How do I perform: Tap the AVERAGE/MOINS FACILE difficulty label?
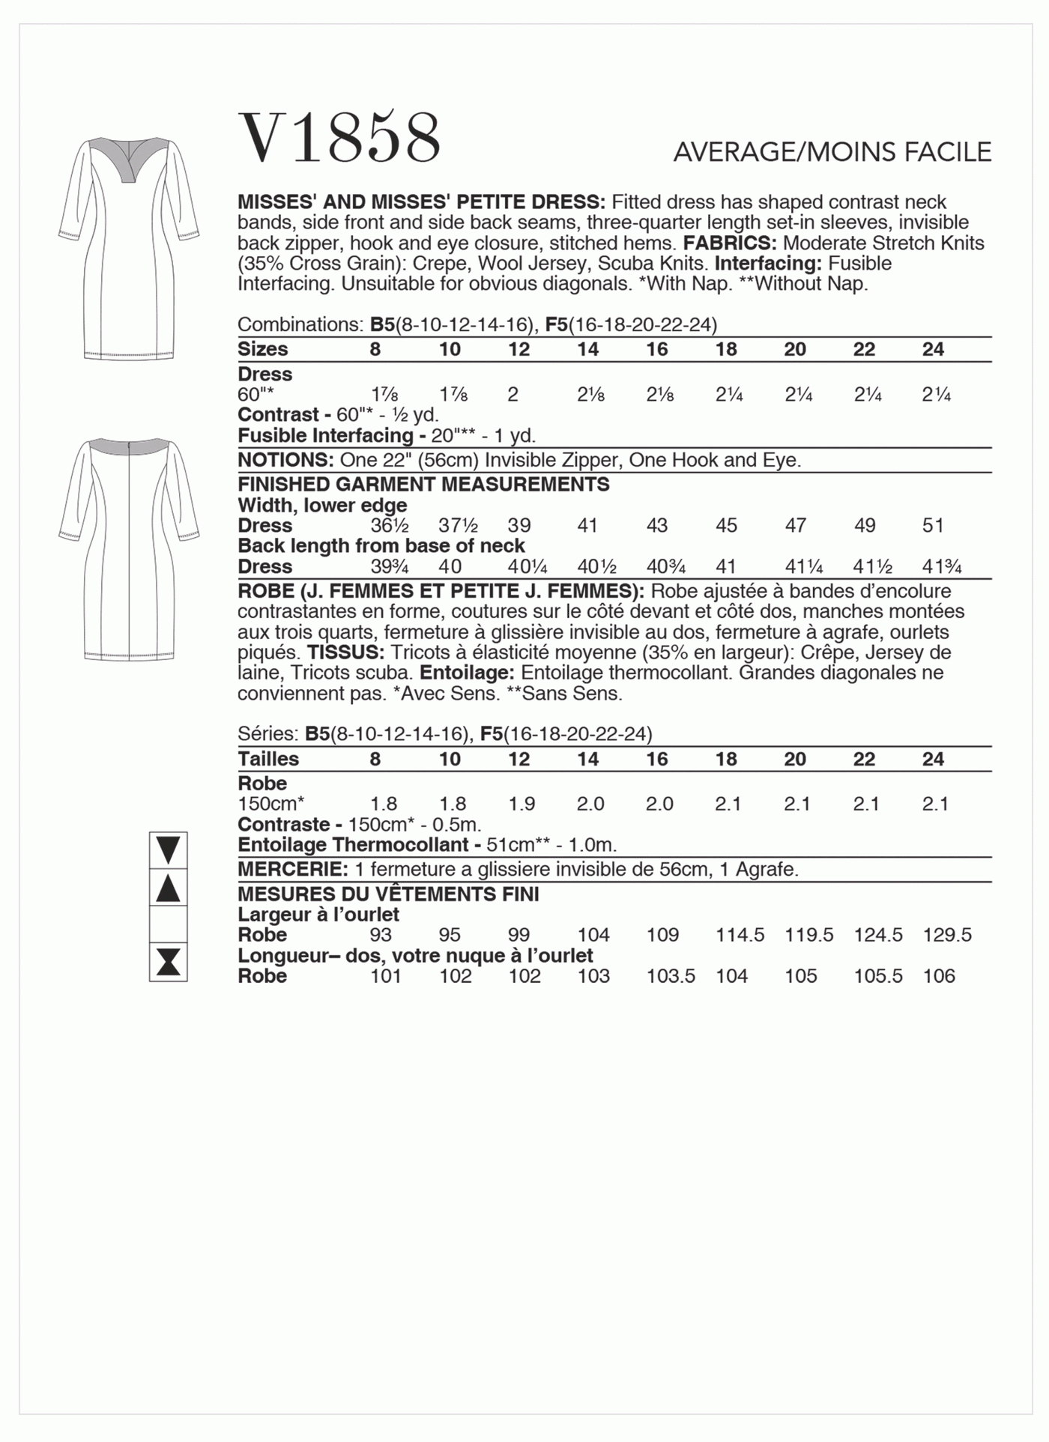tap(832, 152)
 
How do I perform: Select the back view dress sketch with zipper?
tap(129, 549)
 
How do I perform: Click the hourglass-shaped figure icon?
tap(169, 962)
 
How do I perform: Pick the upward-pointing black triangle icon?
tap(169, 888)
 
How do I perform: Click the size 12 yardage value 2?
tap(513, 395)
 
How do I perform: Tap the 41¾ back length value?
tap(941, 566)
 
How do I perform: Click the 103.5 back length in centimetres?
tap(671, 976)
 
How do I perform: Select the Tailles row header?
tap(268, 759)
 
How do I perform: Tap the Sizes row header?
tap(262, 349)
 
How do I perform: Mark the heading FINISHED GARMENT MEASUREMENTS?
tap(423, 485)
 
